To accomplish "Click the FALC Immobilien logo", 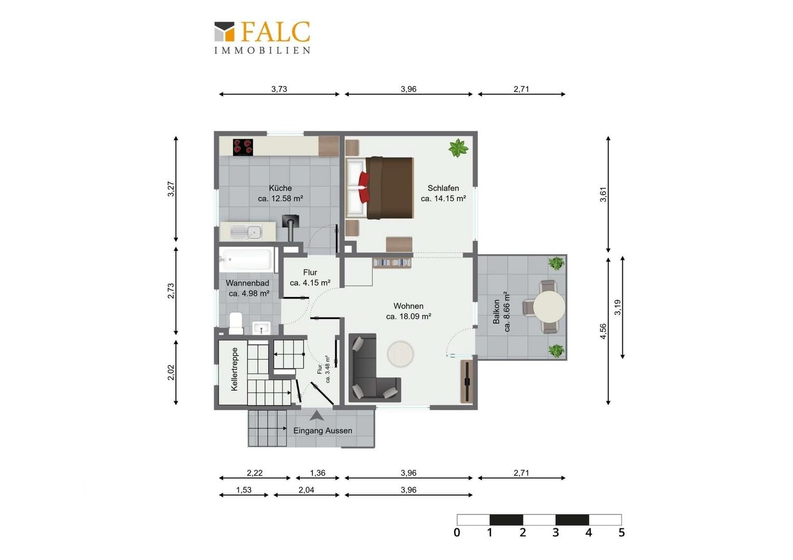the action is tap(262, 37).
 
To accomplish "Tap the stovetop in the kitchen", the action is tap(243, 147).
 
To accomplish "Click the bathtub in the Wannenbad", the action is tap(247, 259).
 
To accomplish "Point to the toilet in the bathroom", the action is tap(236, 323).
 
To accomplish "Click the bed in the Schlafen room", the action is tap(379, 188).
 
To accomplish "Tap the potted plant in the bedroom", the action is tap(458, 148).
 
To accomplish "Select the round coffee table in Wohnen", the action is tap(400, 354).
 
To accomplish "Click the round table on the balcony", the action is tap(549, 307).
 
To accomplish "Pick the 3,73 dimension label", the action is tap(279, 89).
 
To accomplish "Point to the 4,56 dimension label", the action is tap(603, 331).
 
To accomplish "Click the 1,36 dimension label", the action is tap(318, 473).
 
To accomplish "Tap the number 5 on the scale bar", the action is tap(622, 533).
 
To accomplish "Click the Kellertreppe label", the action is tap(234, 369).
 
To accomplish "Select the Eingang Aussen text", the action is tap(322, 430).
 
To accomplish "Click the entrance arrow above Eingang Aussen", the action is tap(316, 416).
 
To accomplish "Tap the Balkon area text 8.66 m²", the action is tap(507, 312).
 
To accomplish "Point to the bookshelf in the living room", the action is tap(392, 263).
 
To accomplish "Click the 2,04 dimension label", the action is tap(306, 490).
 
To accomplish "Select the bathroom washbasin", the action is tap(261, 328).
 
